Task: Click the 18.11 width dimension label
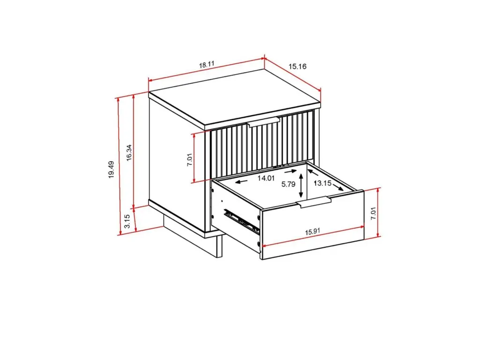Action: (x=207, y=65)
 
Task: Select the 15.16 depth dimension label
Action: (x=297, y=66)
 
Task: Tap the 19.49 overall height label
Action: (x=111, y=170)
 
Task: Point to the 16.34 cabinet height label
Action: (x=129, y=152)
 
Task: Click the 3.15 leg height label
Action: (x=127, y=221)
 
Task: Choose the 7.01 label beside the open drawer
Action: (x=373, y=213)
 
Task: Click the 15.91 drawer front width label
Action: (x=312, y=232)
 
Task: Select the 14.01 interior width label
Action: (x=266, y=178)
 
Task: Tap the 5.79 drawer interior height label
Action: (x=288, y=184)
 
